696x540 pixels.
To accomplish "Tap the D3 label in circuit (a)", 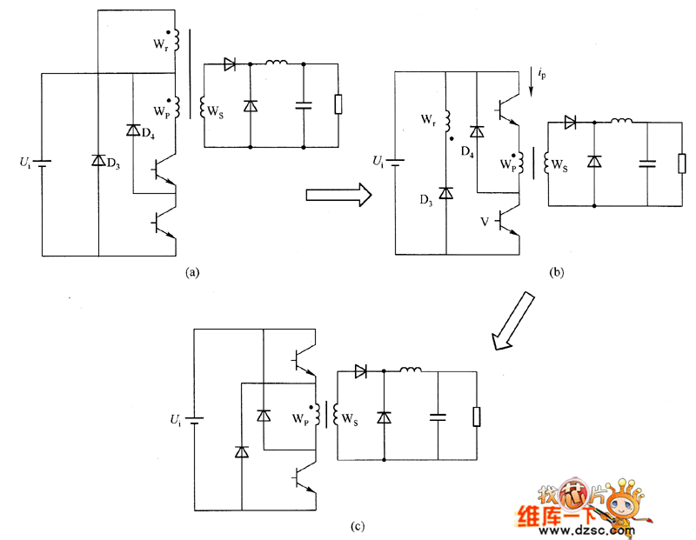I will pos(114,162).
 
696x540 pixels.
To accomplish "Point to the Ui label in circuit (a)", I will pos(26,162).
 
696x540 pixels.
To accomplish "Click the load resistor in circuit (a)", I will pos(338,105).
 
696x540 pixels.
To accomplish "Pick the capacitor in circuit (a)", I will pos(304,105).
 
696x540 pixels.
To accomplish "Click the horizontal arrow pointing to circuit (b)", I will pos(339,196).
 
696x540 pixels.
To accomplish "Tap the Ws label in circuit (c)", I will pos(350,421).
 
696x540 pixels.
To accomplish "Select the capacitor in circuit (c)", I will pos(437,416).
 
